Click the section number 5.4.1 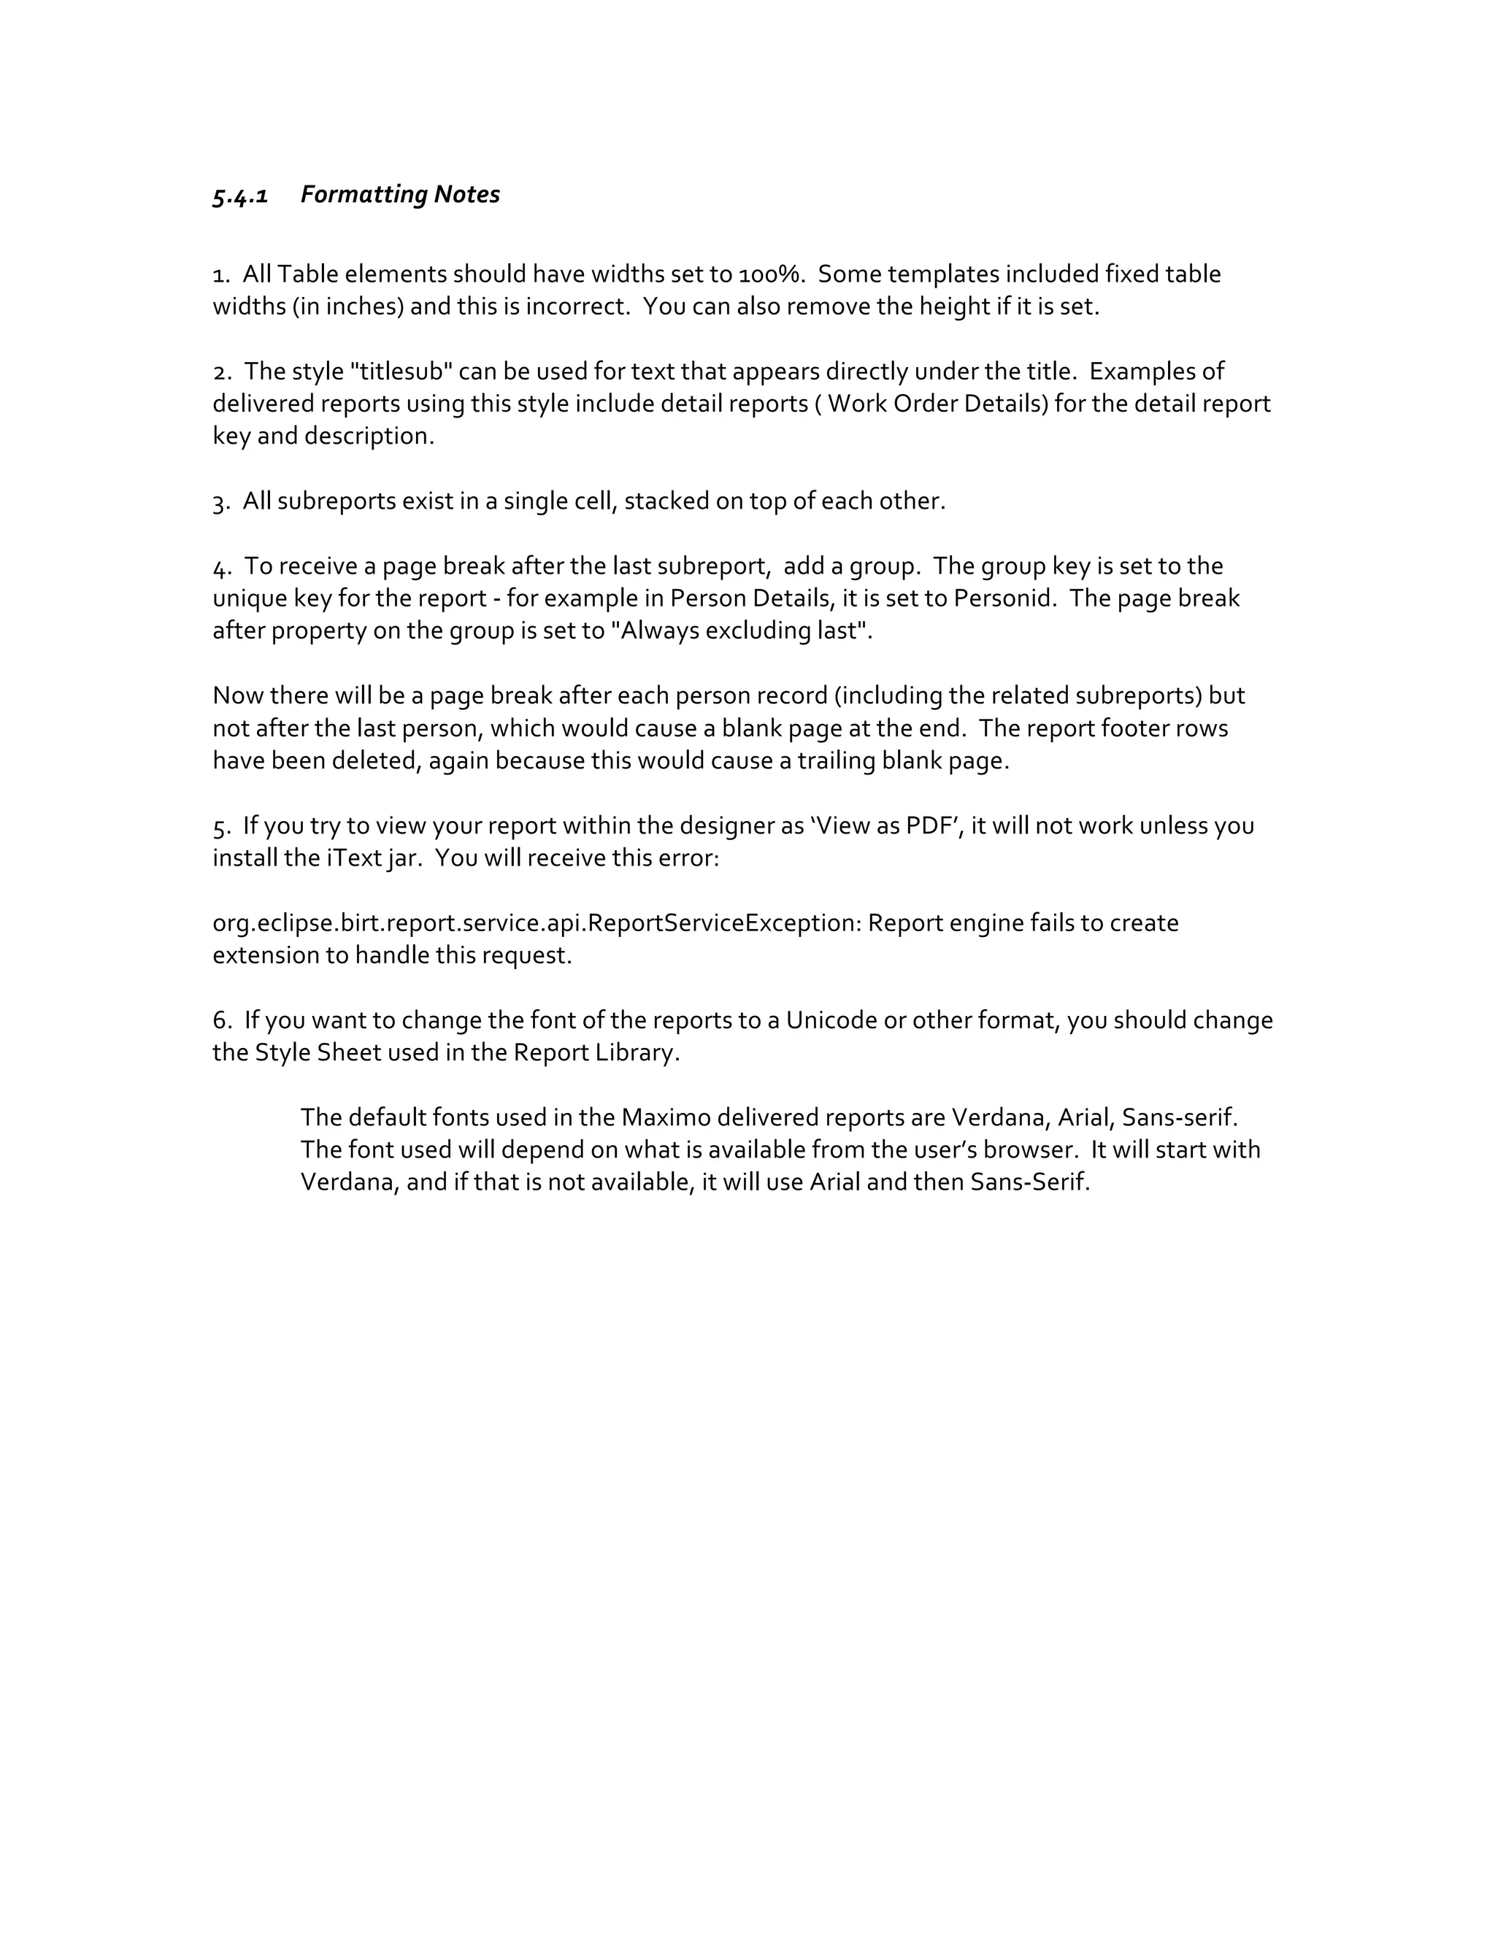[240, 195]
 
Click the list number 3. [220, 502]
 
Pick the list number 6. [221, 1021]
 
